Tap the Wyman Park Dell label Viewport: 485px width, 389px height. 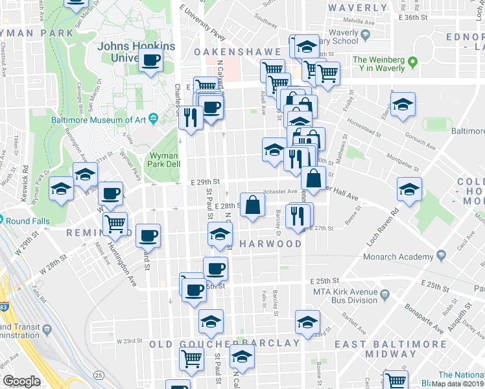(x=164, y=159)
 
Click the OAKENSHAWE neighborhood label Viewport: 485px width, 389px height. (x=235, y=50)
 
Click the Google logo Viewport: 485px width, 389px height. (x=21, y=381)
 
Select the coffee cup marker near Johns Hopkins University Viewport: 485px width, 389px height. (x=151, y=60)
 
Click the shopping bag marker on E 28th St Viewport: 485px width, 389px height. (x=252, y=205)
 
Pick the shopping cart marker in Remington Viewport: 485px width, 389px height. (x=115, y=224)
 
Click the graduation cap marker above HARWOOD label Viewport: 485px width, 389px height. (x=220, y=235)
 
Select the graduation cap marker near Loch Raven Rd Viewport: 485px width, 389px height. (x=409, y=189)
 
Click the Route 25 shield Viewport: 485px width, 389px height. (x=99, y=375)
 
